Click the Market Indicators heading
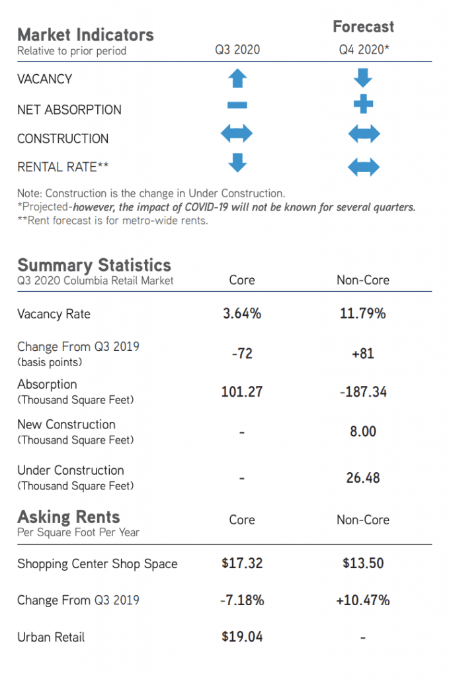[x=85, y=34]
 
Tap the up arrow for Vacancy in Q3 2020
[x=237, y=79]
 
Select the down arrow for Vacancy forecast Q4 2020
[x=363, y=77]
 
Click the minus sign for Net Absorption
[x=237, y=105]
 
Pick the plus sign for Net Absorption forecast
[x=363, y=104]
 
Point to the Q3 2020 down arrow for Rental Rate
[x=237, y=162]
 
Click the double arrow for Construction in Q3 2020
[x=237, y=134]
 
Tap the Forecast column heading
[x=363, y=26]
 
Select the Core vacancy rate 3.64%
[x=242, y=314]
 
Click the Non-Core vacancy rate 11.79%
[x=363, y=314]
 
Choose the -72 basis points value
[x=242, y=353]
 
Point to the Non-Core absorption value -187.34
[x=363, y=392]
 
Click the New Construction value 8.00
[x=363, y=432]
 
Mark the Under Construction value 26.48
[x=363, y=477]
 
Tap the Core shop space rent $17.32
[x=242, y=563]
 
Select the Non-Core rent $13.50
[x=363, y=563]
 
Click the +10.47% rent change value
[x=363, y=601]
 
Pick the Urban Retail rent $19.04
[x=242, y=637]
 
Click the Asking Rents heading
[x=69, y=516]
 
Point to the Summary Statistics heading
[x=94, y=265]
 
